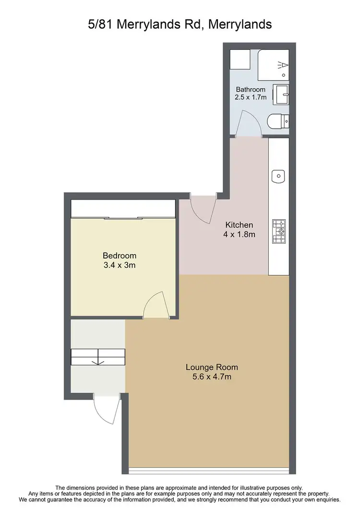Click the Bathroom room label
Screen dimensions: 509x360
tap(251, 90)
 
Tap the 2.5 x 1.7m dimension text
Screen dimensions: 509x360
tap(251, 97)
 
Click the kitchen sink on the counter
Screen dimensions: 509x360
tap(278, 177)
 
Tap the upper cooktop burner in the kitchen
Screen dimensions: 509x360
tap(279, 224)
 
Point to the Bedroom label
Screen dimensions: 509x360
tap(120, 256)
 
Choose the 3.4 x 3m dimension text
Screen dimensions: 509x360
tap(120, 265)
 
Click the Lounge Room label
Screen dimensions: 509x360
tap(212, 367)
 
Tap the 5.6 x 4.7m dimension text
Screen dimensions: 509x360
tap(212, 377)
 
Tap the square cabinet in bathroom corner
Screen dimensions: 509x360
tap(238, 59)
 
